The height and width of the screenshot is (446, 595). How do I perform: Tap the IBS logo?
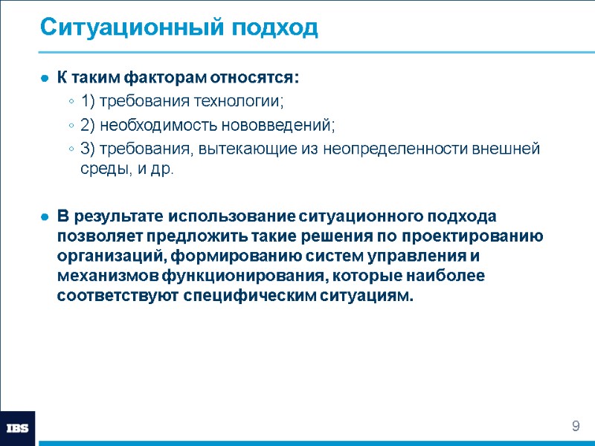pyautogui.click(x=17, y=428)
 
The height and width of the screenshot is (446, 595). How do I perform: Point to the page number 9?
pyautogui.click(x=575, y=426)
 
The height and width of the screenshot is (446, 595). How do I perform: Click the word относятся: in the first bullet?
pyautogui.click(x=255, y=77)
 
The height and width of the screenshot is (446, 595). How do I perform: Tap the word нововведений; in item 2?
pyautogui.click(x=279, y=125)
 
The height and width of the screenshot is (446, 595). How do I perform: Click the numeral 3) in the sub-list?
pyautogui.click(x=88, y=149)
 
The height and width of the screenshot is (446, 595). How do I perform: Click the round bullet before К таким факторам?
pyautogui.click(x=45, y=78)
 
